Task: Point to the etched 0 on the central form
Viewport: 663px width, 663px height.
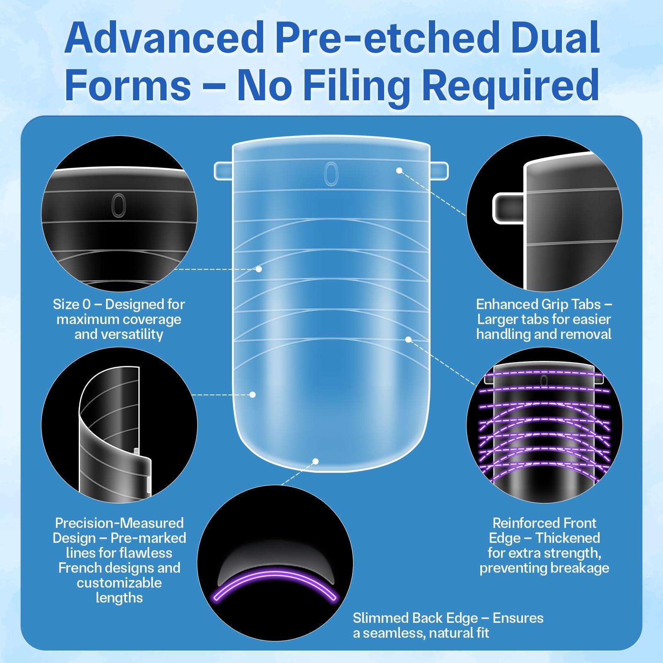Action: [331, 174]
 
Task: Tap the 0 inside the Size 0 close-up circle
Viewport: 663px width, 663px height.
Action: [119, 205]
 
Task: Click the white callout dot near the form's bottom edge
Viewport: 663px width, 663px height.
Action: [315, 461]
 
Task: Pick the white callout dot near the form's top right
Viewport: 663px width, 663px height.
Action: [399, 170]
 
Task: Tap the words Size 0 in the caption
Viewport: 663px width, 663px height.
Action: [71, 305]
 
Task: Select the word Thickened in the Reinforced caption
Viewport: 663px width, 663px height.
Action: [568, 538]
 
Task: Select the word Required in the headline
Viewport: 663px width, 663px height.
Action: [510, 86]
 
